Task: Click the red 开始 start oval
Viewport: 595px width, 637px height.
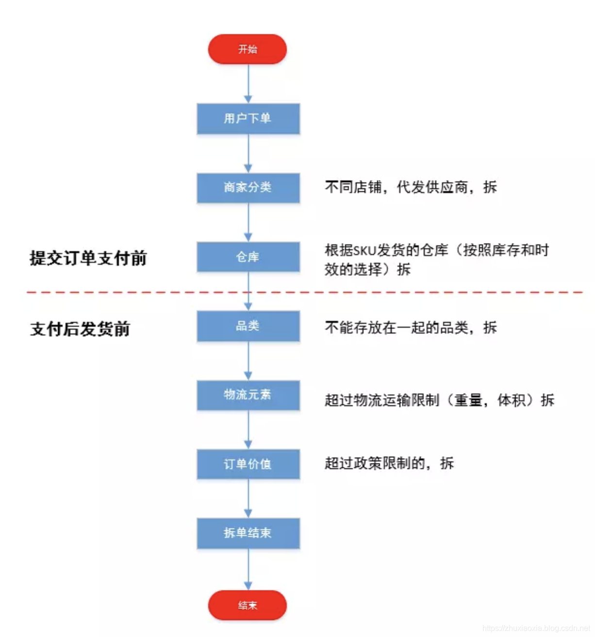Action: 248,49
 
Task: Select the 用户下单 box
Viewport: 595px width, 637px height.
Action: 248,118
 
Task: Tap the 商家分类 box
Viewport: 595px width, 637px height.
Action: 248,188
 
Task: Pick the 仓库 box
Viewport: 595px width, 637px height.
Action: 248,257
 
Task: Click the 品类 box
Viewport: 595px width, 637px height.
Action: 248,326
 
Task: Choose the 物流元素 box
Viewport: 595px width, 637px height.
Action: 248,395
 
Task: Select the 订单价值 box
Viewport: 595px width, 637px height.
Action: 248,464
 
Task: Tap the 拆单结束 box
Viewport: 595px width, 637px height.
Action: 248,533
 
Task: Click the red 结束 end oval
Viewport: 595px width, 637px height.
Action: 248,605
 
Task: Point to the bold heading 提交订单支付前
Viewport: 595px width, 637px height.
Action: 88,258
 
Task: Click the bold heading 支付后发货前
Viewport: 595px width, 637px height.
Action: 80,329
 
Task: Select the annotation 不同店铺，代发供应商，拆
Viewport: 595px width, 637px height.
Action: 411,187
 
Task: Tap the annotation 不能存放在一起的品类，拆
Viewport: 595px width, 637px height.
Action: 411,328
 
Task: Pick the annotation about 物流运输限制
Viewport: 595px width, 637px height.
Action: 439,400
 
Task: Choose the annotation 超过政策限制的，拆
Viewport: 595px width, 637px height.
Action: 389,463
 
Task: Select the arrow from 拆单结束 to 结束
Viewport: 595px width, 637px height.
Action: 248,569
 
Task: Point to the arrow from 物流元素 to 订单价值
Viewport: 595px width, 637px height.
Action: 248,430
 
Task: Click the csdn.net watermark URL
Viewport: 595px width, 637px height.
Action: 536,628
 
